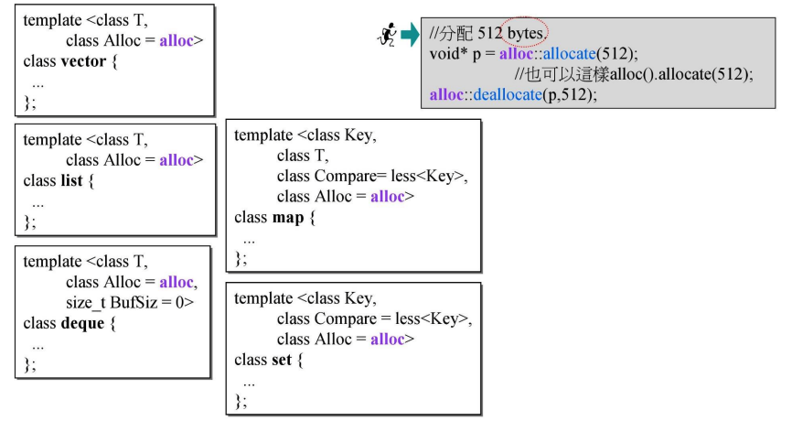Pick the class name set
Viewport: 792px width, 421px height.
pos(282,360)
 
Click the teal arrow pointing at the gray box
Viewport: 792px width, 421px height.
pos(409,36)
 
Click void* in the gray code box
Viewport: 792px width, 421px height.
pos(448,54)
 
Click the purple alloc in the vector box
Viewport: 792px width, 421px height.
pos(177,41)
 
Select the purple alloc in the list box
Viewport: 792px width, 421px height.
pos(177,160)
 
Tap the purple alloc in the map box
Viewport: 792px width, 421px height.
pos(389,197)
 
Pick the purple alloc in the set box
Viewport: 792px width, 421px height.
pos(389,340)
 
